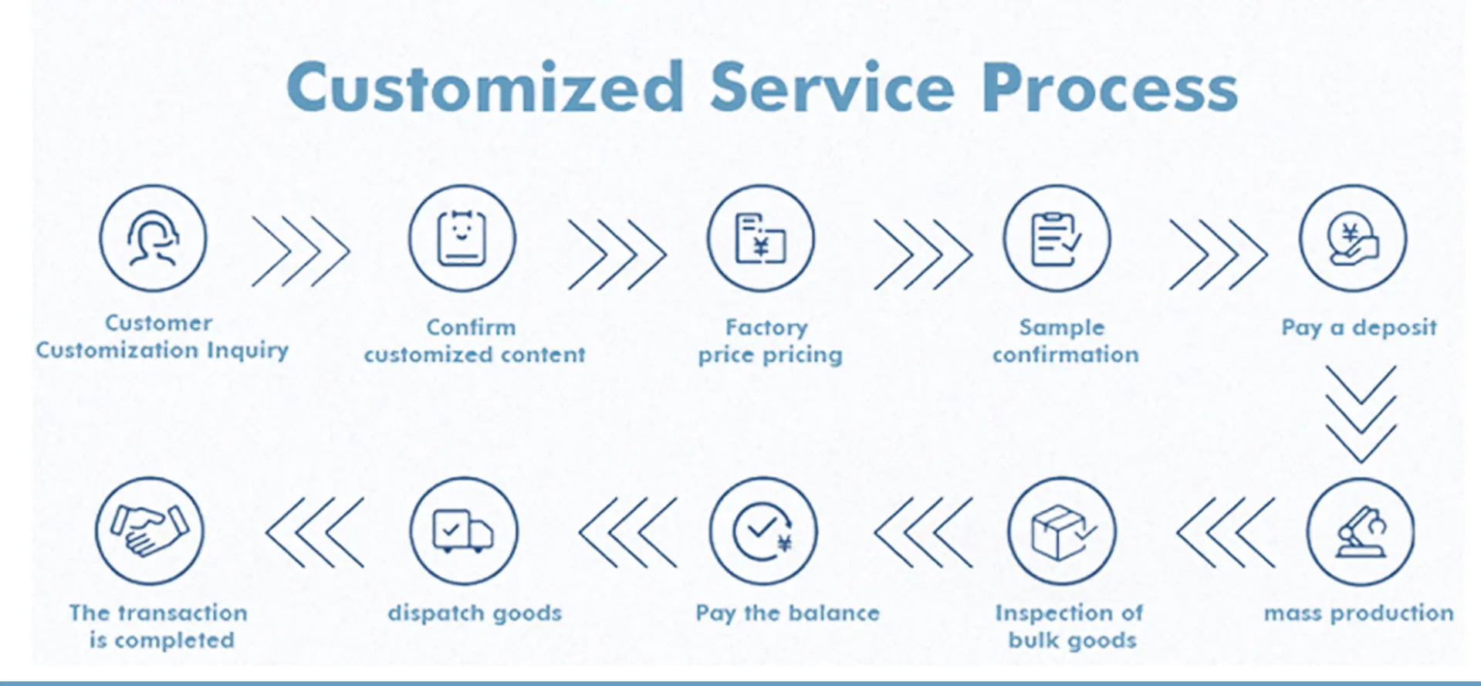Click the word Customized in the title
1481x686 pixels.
pos(485,87)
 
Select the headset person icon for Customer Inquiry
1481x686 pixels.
pos(154,238)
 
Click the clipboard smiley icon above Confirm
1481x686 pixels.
pos(462,238)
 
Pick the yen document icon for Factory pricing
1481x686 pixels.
pos(761,238)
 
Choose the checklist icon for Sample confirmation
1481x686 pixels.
pos(1057,238)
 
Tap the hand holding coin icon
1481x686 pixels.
pos(1353,238)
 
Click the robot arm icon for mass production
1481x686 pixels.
pos(1361,532)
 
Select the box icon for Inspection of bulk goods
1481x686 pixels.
pos(1062,532)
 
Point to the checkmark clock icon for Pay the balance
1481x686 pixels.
pos(763,532)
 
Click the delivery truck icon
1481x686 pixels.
pos(464,532)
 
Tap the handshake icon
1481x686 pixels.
pos(150,532)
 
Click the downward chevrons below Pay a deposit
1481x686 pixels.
pos(1361,414)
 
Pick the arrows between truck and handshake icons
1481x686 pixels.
pos(314,532)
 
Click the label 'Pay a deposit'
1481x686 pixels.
pos(1359,328)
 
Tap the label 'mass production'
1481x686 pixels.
pos(1359,613)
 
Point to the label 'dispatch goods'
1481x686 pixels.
pos(475,613)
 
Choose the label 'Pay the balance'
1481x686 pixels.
pos(788,613)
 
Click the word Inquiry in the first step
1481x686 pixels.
pos(248,351)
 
